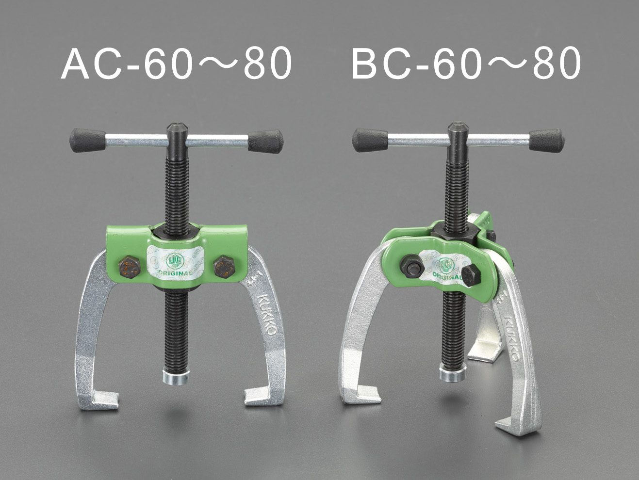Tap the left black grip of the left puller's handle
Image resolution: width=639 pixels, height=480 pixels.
[x=88, y=140]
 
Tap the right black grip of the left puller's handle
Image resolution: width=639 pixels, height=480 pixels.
[x=265, y=141]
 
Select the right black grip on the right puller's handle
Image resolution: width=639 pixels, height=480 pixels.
[x=547, y=141]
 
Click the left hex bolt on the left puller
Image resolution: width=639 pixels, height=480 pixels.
[x=130, y=267]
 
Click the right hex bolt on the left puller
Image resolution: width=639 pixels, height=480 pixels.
[x=224, y=267]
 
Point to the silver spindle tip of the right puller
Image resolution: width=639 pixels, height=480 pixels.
[x=453, y=373]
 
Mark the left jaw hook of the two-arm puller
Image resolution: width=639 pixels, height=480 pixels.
[x=99, y=400]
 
